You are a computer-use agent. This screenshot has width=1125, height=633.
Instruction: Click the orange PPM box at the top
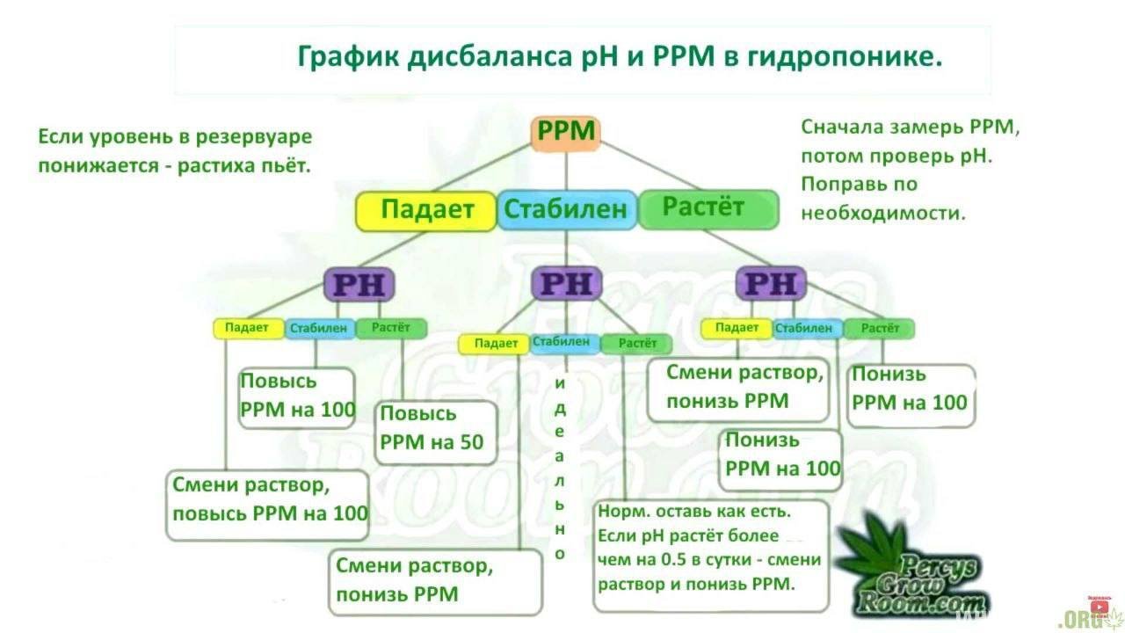click(566, 133)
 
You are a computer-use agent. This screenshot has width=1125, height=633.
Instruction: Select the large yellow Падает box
click(426, 210)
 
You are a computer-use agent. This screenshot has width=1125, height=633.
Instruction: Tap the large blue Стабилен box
click(566, 210)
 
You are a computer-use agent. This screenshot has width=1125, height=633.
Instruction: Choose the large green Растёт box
click(707, 208)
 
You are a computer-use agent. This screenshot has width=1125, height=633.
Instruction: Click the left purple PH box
click(359, 284)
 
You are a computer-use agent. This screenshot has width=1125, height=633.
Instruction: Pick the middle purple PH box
click(566, 284)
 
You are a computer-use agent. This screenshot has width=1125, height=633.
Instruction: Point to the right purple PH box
click(771, 284)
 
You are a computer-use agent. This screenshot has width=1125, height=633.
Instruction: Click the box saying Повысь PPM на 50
click(432, 429)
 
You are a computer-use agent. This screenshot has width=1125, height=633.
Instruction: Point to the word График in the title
click(348, 58)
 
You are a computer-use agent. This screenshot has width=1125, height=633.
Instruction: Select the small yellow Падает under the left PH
click(247, 328)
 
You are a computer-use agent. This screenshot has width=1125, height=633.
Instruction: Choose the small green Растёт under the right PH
click(879, 329)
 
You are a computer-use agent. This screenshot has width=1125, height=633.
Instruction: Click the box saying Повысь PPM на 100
click(297, 396)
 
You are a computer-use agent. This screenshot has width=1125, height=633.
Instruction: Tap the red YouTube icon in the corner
click(1098, 606)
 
